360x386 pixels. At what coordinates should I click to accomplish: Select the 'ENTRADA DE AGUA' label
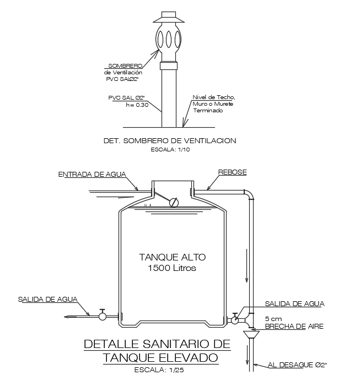[92, 175]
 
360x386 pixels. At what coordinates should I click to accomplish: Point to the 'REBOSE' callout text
[232, 172]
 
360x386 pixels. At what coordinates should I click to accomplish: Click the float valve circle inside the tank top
[174, 203]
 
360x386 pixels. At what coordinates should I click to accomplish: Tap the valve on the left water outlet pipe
[103, 316]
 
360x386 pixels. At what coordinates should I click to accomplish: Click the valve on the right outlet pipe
[235, 319]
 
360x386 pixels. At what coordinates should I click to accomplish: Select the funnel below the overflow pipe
[251, 334]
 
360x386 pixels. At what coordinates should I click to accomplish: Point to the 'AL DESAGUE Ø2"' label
[298, 365]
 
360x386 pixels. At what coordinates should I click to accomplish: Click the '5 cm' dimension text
[273, 318]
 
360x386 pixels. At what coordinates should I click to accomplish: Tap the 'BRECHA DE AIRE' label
[294, 327]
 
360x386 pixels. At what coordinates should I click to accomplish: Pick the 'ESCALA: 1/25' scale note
[160, 370]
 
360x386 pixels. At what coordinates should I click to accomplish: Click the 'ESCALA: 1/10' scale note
[169, 149]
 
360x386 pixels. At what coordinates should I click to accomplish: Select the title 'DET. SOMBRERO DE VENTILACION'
[170, 141]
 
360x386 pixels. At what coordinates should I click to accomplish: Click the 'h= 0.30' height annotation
[137, 105]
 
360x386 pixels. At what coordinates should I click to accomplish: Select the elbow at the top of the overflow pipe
[249, 194]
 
